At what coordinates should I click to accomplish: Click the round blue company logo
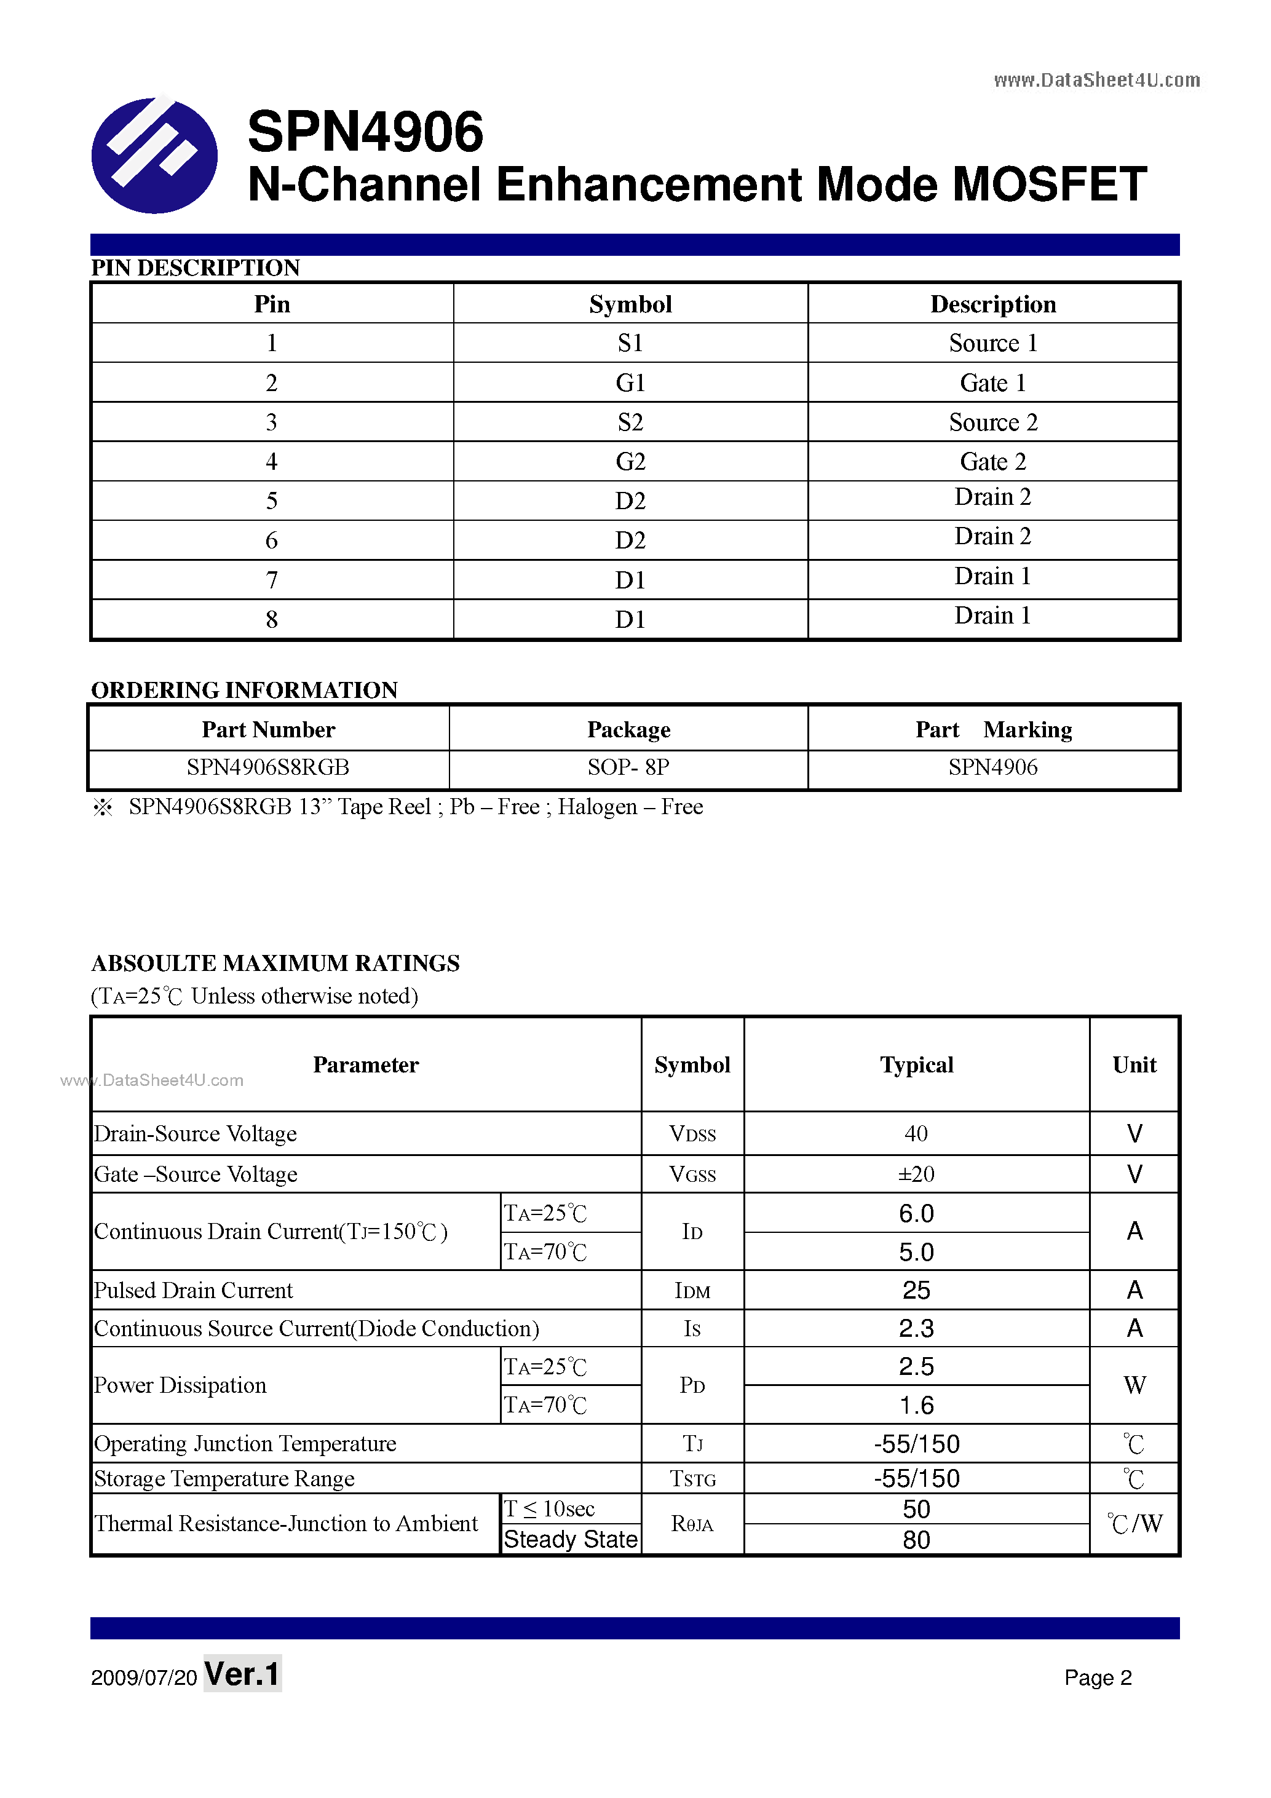pyautogui.click(x=154, y=155)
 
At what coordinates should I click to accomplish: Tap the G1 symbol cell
pyautogui.click(x=630, y=383)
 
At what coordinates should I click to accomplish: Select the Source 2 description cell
pyautogui.click(x=992, y=422)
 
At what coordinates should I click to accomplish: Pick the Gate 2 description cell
pyautogui.click(x=992, y=461)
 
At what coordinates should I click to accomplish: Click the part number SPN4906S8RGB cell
pyautogui.click(x=268, y=767)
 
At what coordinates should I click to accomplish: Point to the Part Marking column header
pyautogui.click(x=993, y=730)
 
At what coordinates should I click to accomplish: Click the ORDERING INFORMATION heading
pyautogui.click(x=244, y=690)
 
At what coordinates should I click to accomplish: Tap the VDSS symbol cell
pyautogui.click(x=692, y=1134)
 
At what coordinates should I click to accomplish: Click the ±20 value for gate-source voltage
pyautogui.click(x=916, y=1174)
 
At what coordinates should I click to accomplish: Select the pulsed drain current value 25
pyautogui.click(x=916, y=1289)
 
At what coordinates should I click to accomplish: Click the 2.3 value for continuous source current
pyautogui.click(x=916, y=1328)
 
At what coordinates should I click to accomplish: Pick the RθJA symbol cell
pyautogui.click(x=692, y=1524)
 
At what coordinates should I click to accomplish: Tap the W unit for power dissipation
pyautogui.click(x=1134, y=1385)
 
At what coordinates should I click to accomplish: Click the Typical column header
pyautogui.click(x=916, y=1065)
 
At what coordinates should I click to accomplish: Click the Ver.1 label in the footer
pyautogui.click(x=242, y=1674)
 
